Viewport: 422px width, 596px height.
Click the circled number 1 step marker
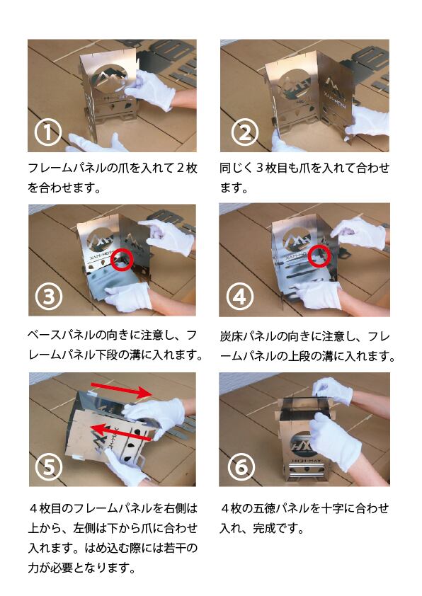pos(48,132)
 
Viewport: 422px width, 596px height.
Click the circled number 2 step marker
pos(245,132)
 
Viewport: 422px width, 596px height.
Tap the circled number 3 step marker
pos(49,297)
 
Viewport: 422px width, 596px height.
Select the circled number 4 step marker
pos(240,297)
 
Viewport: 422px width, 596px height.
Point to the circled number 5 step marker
pos(49,466)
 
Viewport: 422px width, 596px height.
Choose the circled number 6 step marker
pos(241,466)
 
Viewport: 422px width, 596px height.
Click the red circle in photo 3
pos(122,260)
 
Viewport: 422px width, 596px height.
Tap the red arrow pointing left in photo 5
pos(122,433)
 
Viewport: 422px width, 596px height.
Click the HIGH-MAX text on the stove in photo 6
pos(305,462)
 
